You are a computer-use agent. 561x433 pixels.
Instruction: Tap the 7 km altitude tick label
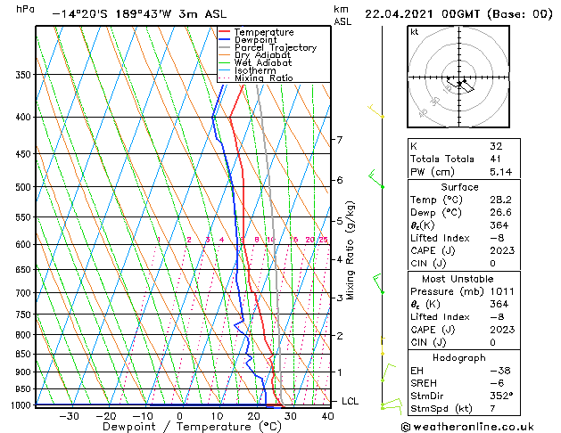339,140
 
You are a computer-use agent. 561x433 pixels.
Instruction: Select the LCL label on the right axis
350,402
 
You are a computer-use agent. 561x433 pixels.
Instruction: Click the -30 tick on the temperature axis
69,416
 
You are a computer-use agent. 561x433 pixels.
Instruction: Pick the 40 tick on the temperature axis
328,416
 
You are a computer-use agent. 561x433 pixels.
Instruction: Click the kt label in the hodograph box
415,32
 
